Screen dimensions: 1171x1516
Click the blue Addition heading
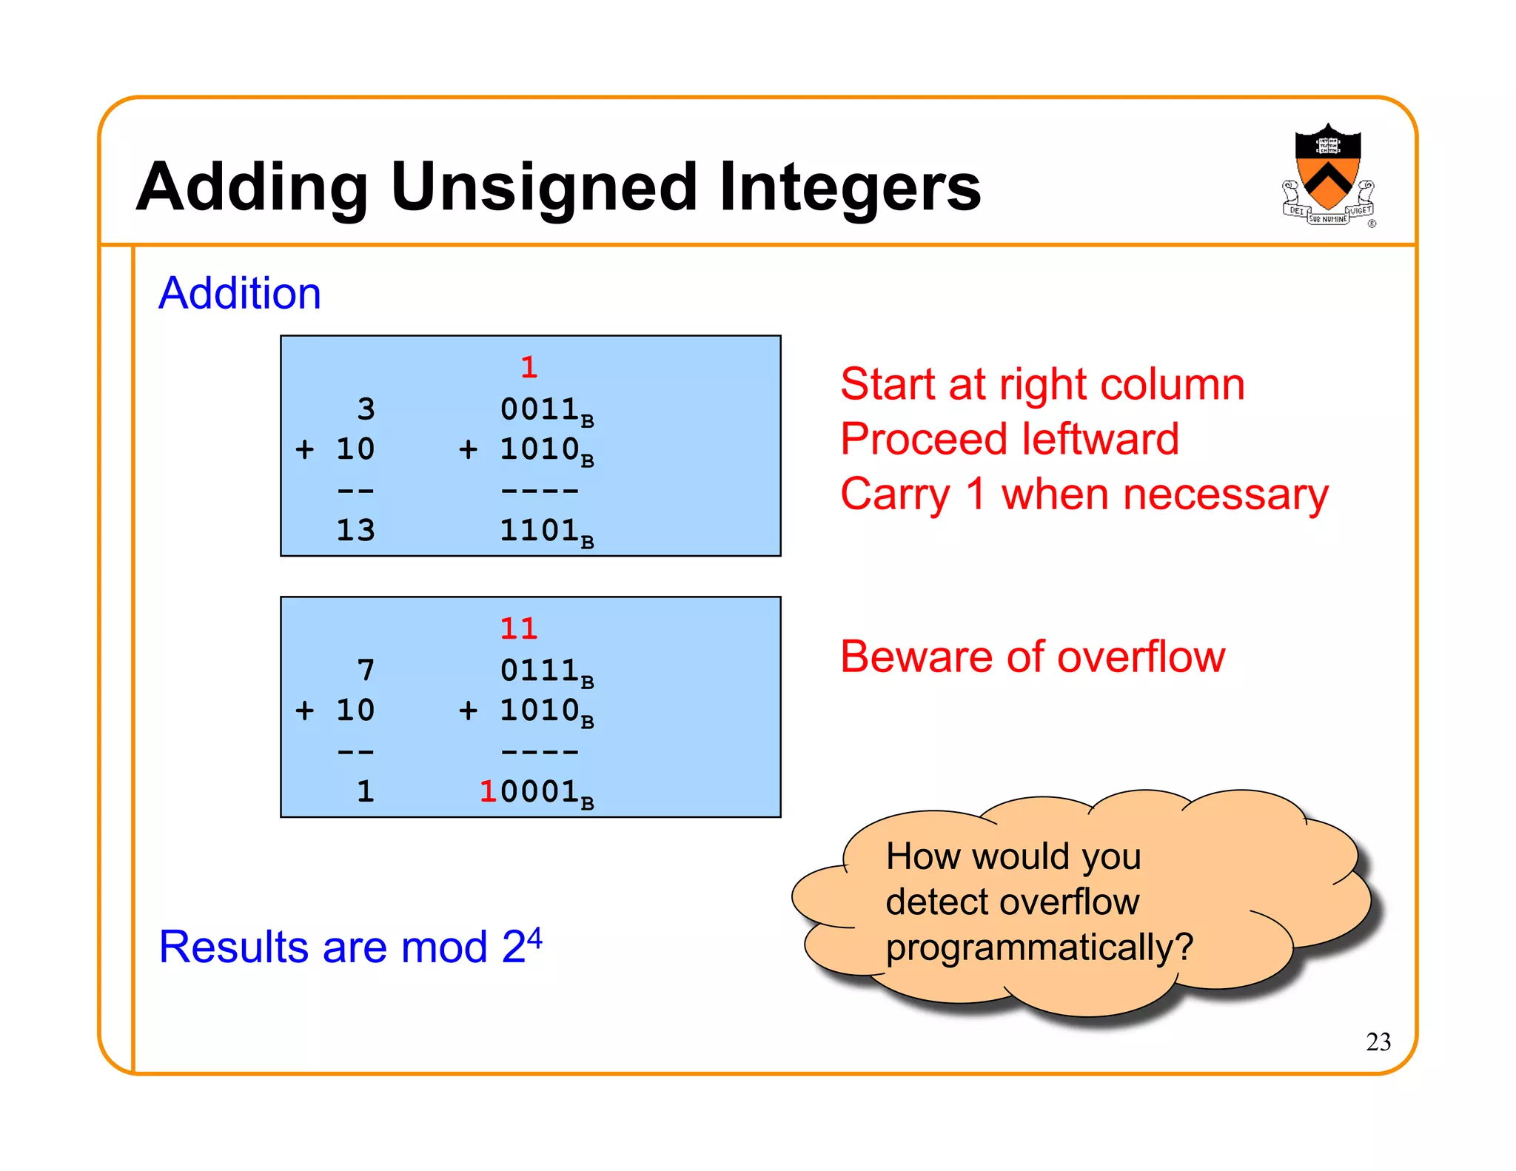click(240, 293)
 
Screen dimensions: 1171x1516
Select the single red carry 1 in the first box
click(529, 368)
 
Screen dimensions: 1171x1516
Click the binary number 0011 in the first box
click(539, 409)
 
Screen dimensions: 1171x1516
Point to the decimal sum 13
click(355, 530)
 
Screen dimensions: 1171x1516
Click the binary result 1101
click(539, 530)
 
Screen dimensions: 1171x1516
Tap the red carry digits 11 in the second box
click(518, 629)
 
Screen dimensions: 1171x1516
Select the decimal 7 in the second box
click(366, 671)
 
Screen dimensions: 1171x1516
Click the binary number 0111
click(539, 671)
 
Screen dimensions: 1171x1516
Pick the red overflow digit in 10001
click(488, 792)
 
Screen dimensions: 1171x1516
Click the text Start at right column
click(1042, 385)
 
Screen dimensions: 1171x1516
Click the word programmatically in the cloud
click(1039, 947)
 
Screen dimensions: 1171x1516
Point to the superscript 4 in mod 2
click(534, 937)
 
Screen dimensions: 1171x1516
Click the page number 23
click(1378, 1042)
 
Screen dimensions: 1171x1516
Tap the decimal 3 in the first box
click(366, 409)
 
